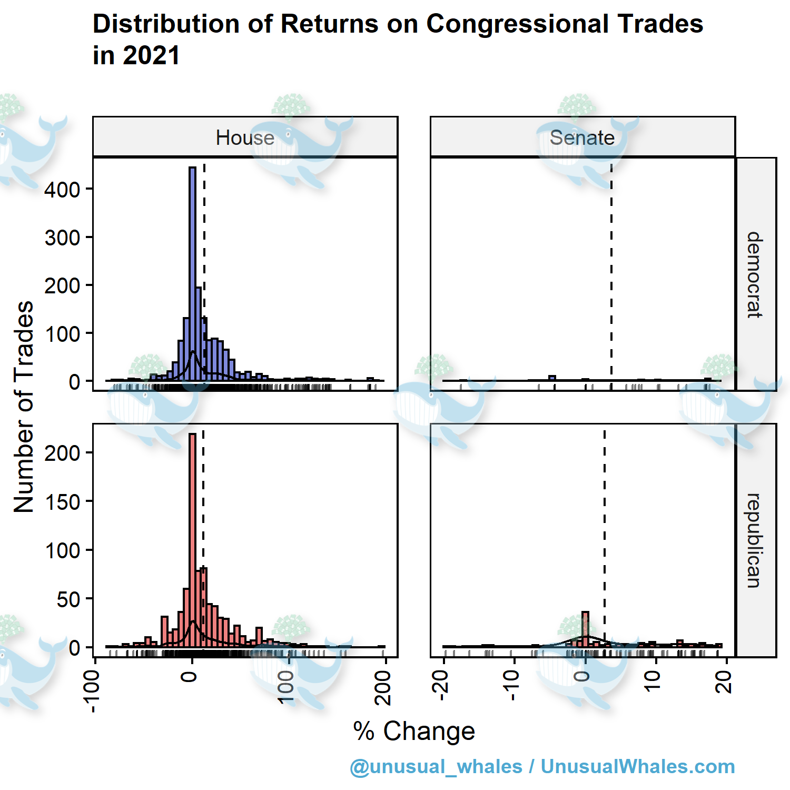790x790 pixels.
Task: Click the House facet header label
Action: click(x=245, y=138)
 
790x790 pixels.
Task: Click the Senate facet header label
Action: click(x=582, y=138)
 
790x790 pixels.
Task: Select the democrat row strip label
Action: click(x=755, y=274)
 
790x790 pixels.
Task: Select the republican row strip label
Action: click(x=755, y=540)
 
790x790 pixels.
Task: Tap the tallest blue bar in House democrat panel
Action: click(x=192, y=274)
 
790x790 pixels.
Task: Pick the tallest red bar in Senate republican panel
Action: click(x=585, y=629)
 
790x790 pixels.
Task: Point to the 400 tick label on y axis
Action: click(x=62, y=190)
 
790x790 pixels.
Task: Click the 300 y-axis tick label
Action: click(x=62, y=238)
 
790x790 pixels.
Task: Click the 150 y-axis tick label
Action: click(x=62, y=502)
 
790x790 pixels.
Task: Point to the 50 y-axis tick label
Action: click(x=68, y=599)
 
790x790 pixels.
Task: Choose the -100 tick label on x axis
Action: click(x=92, y=691)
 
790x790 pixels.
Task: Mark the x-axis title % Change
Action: click(x=414, y=731)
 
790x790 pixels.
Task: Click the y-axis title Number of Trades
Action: click(x=24, y=407)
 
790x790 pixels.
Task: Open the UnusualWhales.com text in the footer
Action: click(x=638, y=766)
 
